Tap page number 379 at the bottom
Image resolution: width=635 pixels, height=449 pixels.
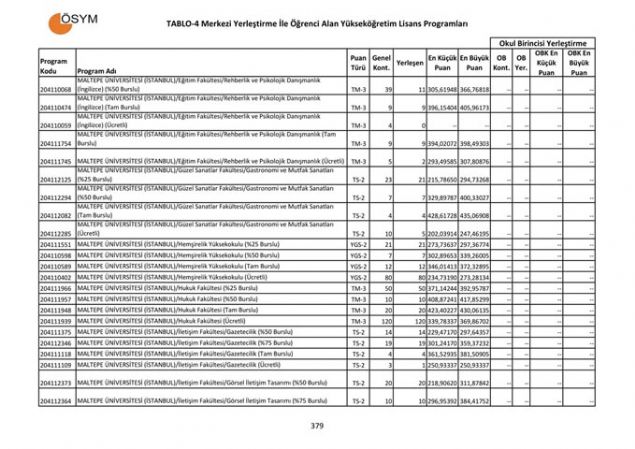tap(317, 426)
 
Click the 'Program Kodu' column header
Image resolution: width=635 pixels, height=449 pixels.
tap(53, 66)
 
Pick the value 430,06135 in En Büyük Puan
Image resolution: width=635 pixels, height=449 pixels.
tap(475, 310)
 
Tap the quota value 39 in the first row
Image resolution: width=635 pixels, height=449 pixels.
tap(385, 90)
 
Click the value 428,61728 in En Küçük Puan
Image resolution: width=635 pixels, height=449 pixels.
tap(442, 215)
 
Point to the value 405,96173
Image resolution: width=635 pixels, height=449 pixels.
tap(475, 107)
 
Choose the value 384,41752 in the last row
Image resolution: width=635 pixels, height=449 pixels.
tap(475, 400)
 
